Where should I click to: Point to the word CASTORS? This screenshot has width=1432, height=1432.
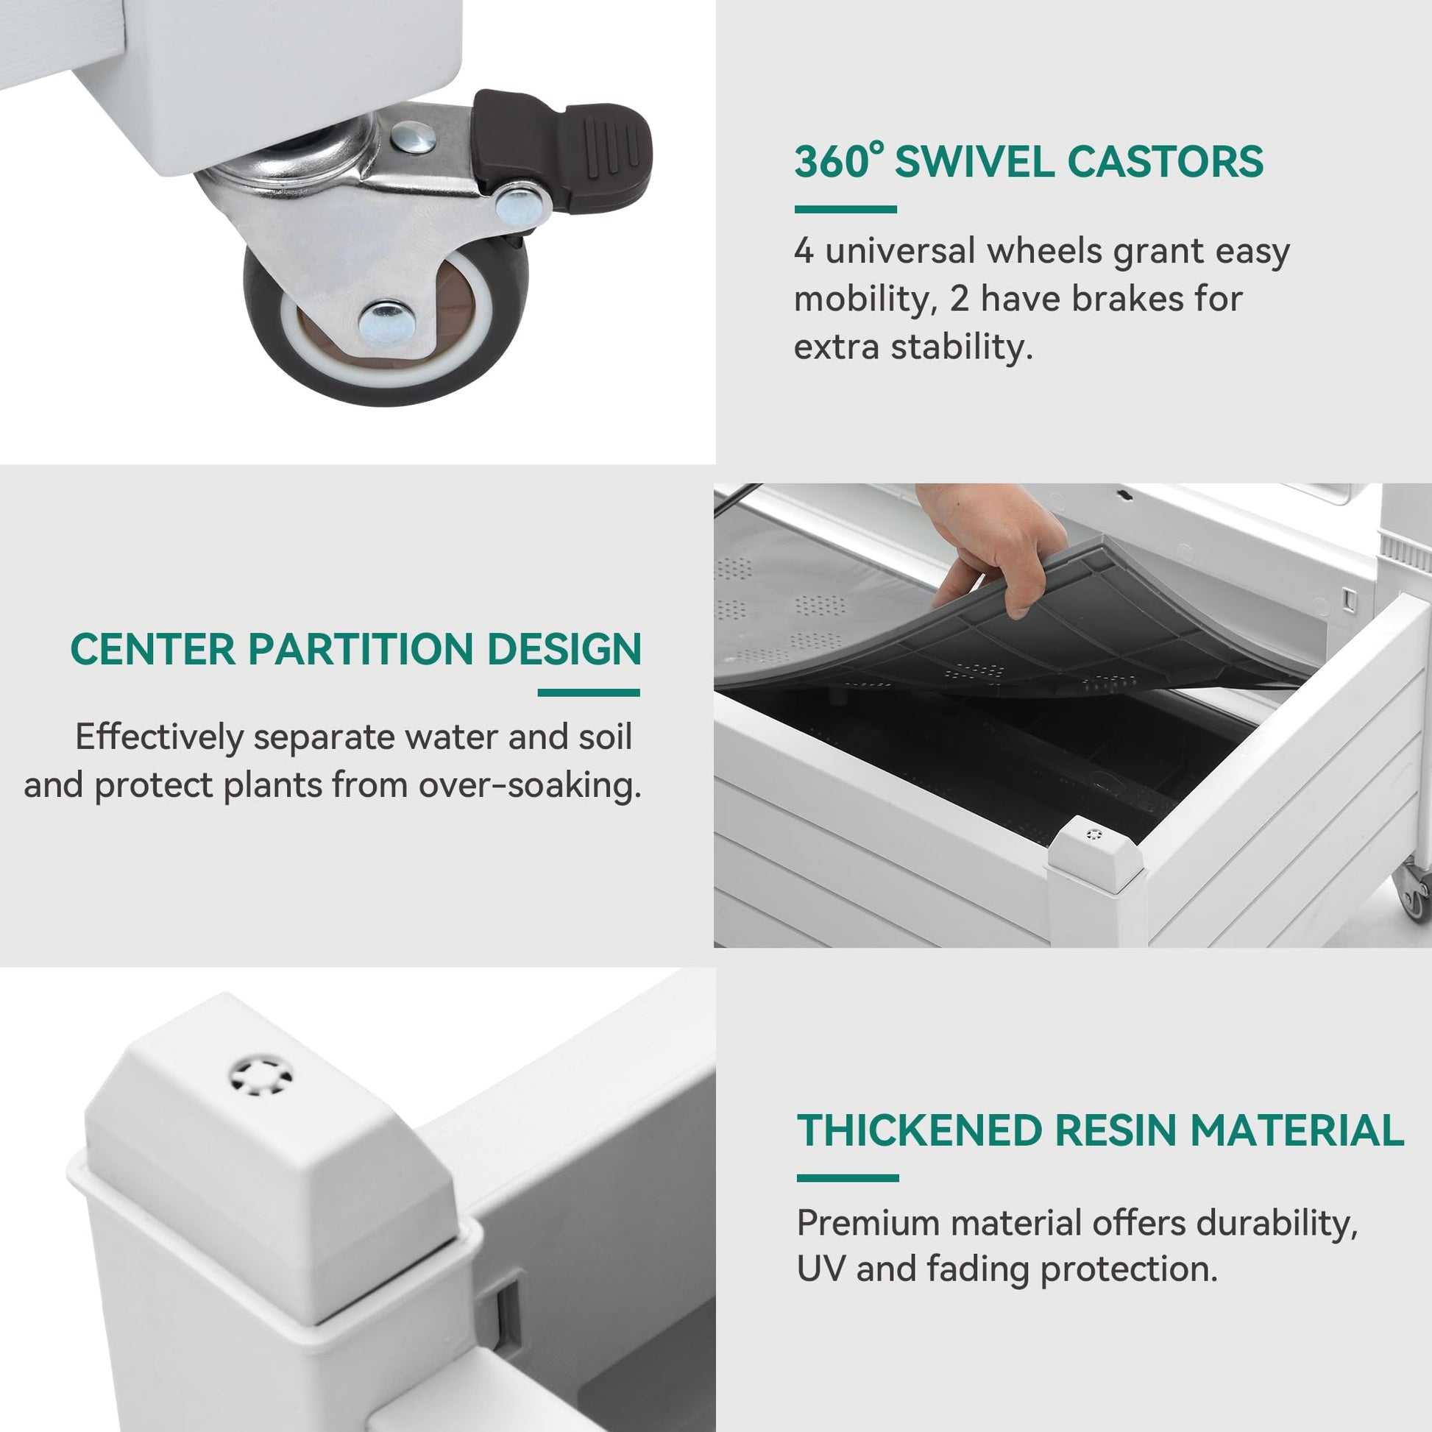[1165, 162]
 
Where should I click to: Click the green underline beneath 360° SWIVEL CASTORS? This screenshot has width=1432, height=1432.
[845, 210]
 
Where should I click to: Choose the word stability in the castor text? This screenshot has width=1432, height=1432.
[961, 347]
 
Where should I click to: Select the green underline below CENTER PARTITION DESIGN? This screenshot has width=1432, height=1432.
[589, 693]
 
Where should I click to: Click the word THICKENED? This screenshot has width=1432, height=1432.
[919, 1131]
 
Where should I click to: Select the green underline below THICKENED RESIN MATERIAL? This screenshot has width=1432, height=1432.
[847, 1179]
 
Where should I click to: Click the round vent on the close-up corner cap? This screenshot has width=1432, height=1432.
[260, 1077]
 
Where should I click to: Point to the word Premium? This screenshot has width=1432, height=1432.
[868, 1223]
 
